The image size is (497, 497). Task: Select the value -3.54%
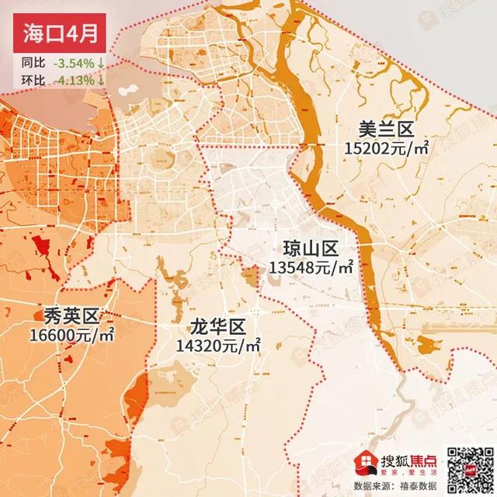pyautogui.click(x=74, y=62)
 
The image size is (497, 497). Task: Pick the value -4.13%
pyautogui.click(x=74, y=79)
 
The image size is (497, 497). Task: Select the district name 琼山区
pyautogui.click(x=311, y=249)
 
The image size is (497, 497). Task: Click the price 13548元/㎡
pyautogui.click(x=311, y=268)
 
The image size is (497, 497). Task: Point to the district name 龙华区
pyautogui.click(x=217, y=326)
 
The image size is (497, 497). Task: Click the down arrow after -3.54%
pyautogui.click(x=101, y=62)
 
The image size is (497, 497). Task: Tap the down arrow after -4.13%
pyautogui.click(x=101, y=79)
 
